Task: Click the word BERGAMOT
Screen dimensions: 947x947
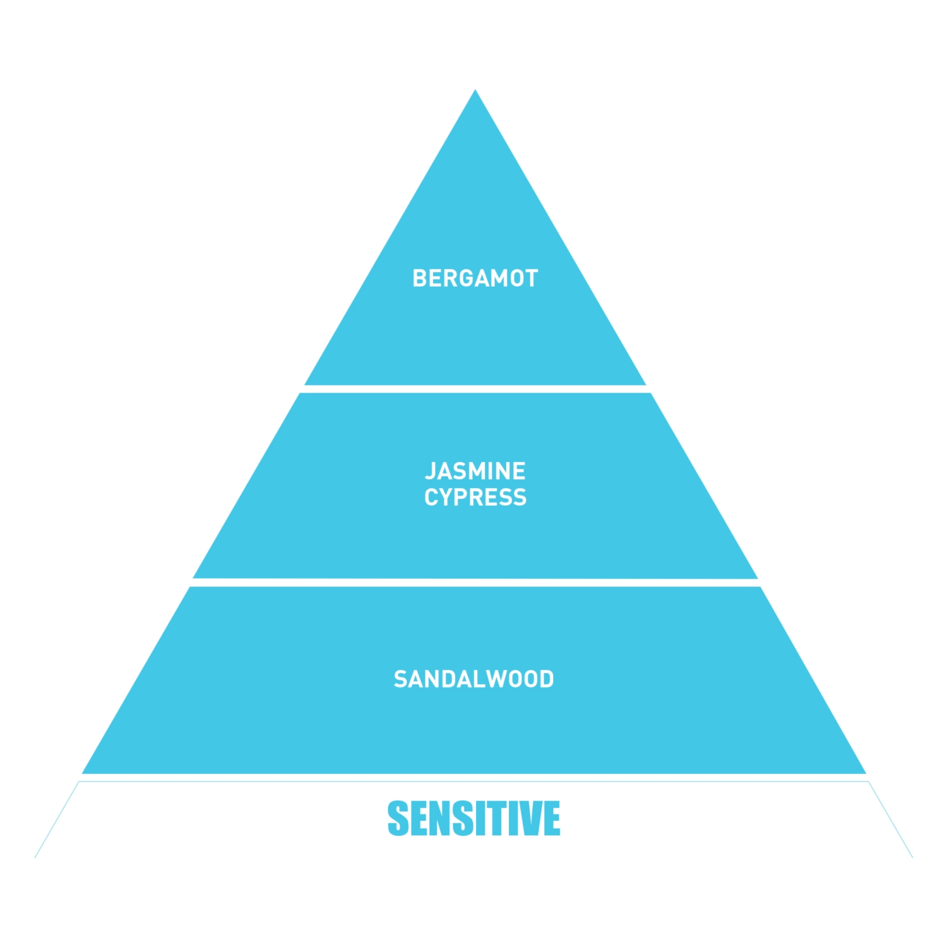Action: (475, 278)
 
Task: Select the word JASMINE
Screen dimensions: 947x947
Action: (475, 471)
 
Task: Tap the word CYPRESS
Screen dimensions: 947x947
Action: (475, 497)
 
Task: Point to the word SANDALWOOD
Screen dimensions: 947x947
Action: (473, 679)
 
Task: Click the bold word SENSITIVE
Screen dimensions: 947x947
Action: (473, 818)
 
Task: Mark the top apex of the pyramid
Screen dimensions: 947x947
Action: (475, 92)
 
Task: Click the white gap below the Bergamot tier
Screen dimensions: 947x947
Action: (475, 389)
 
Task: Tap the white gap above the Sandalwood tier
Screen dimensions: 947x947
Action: (475, 582)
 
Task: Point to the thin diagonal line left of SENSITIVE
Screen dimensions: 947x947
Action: (57, 819)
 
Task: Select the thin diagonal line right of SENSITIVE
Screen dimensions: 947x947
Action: (891, 819)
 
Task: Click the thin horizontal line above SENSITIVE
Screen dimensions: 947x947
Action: (473, 782)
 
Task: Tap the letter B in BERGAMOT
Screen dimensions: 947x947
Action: (419, 278)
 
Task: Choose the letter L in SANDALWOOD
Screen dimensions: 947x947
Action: (475, 679)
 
